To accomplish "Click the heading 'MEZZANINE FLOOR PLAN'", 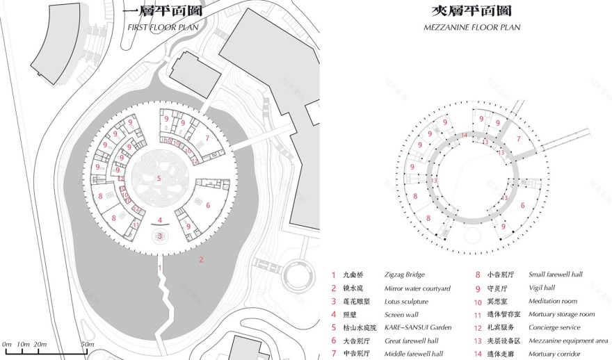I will [472, 27].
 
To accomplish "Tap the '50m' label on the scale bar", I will [87, 344].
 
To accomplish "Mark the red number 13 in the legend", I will [478, 341].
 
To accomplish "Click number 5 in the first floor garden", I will [159, 179].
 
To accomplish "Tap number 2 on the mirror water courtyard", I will [202, 260].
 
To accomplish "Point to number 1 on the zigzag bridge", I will [159, 268].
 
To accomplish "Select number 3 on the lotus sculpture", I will [160, 236].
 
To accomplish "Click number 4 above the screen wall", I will [160, 220].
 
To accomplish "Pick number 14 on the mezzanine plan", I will [464, 133].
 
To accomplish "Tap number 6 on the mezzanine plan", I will [522, 205].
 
